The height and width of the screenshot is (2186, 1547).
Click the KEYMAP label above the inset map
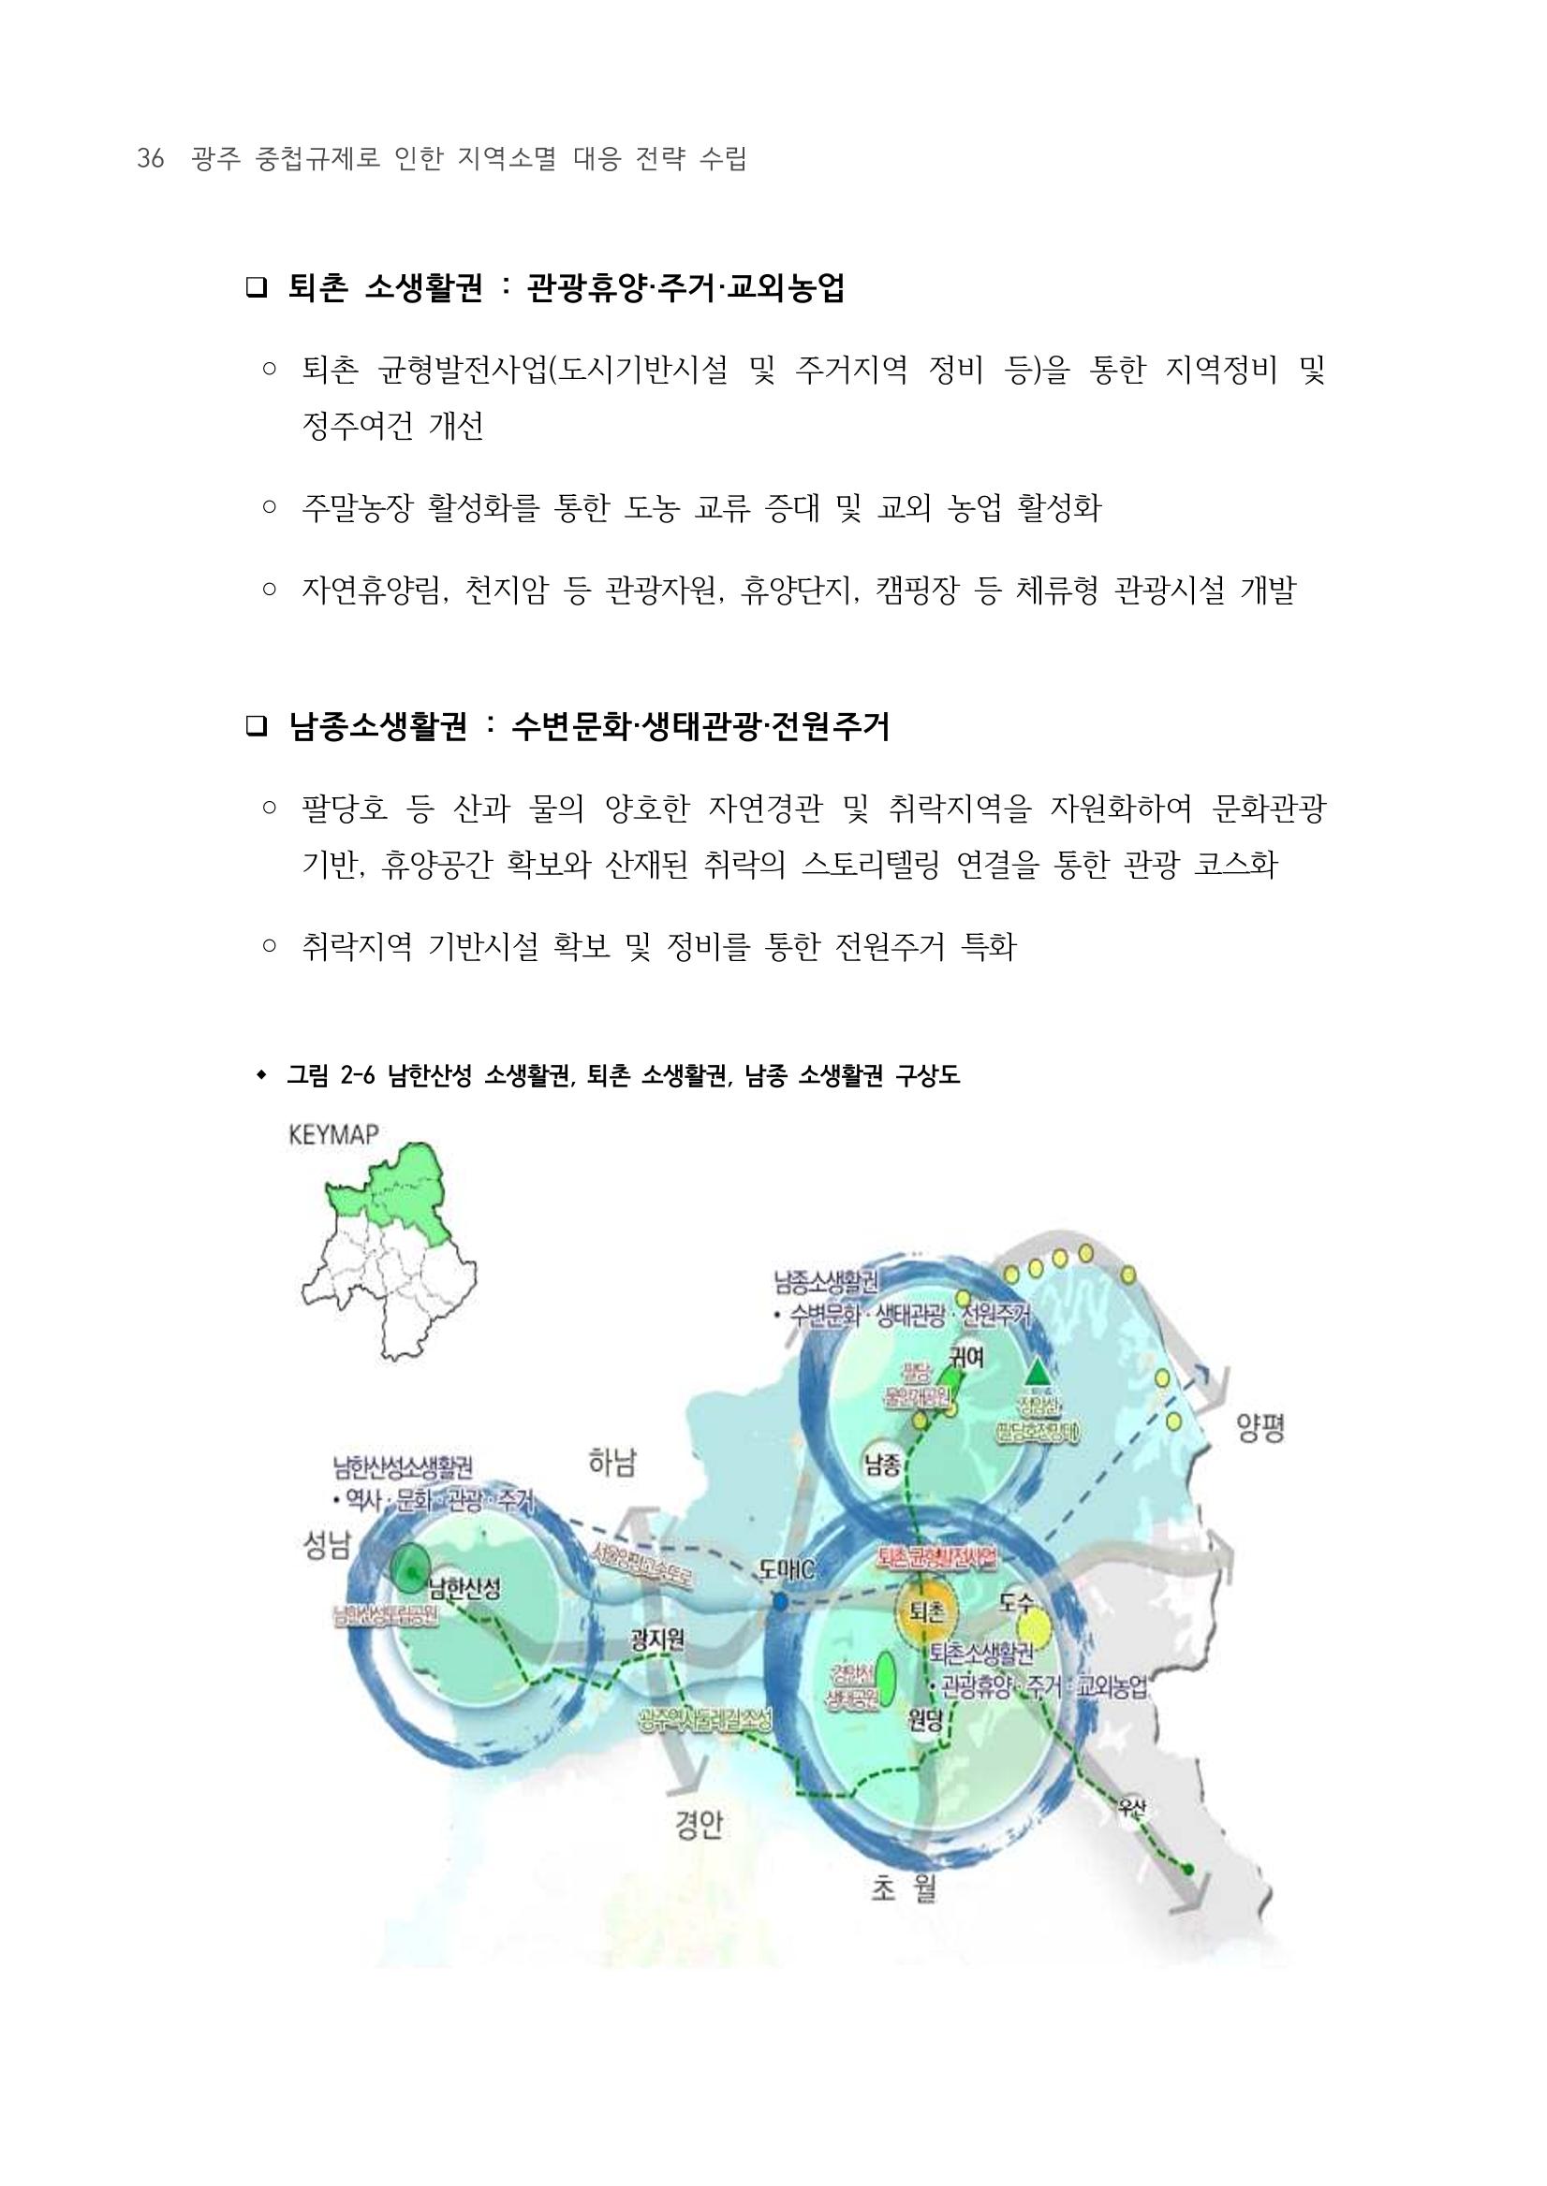[332, 1134]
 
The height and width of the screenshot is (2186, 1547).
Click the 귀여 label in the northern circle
[965, 1359]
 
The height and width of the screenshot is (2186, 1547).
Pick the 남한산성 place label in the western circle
[464, 1587]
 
